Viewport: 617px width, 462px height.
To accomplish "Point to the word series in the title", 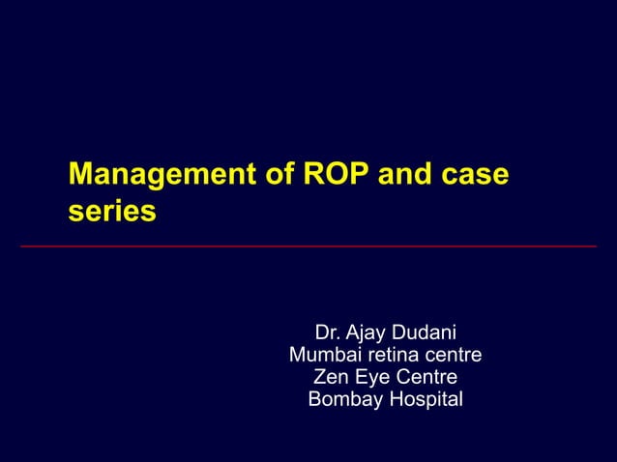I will tap(111, 211).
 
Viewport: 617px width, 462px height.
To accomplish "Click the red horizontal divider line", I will tap(308, 246).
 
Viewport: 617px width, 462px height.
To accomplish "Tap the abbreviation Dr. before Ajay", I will tap(330, 332).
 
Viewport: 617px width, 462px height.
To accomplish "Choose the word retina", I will tap(395, 355).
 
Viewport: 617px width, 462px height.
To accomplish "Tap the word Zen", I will tap(331, 377).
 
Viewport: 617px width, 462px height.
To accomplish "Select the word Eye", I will tap(373, 377).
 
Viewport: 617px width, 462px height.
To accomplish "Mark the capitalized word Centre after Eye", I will tap(426, 377).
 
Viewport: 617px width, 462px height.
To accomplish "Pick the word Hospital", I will tap(423, 399).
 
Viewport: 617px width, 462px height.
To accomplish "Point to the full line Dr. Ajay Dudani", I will tap(385, 332).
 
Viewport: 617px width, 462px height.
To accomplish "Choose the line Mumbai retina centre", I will tap(385, 355).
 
